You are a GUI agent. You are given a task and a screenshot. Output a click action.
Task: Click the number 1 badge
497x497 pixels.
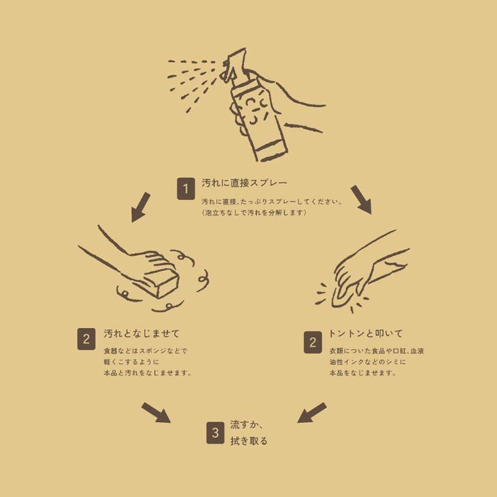(x=185, y=188)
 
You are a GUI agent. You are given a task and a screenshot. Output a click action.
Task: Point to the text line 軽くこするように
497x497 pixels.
(x=132, y=362)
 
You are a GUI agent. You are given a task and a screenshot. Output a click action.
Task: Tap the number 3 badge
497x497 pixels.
(x=215, y=433)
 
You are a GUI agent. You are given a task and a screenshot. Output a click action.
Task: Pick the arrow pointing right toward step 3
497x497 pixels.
(x=156, y=413)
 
